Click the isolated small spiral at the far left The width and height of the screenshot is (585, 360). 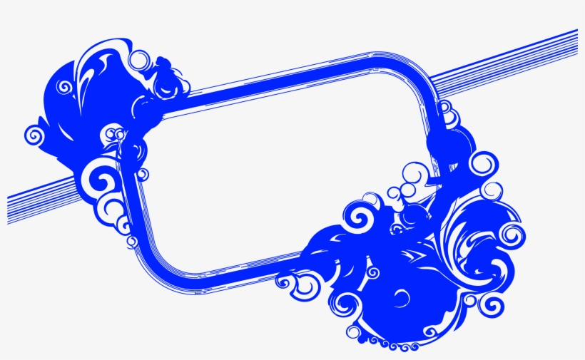(34, 133)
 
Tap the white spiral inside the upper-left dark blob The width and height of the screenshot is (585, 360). (63, 88)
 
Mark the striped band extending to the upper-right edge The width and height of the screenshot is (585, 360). (514, 64)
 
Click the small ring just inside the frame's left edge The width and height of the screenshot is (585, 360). (143, 174)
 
